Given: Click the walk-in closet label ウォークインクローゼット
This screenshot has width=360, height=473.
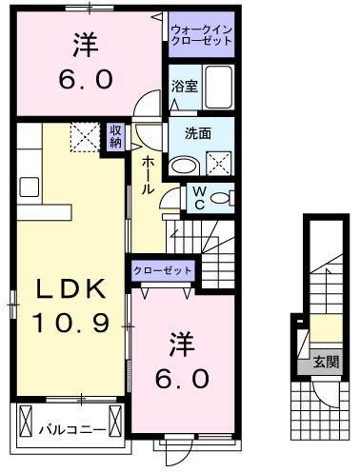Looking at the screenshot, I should [201, 35].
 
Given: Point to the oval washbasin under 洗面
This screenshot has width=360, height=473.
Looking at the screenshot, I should [182, 164].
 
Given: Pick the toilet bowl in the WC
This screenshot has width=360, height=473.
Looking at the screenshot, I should [220, 198].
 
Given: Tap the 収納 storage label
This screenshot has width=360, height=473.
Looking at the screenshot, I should [115, 136].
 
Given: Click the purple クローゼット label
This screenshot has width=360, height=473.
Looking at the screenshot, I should [163, 271].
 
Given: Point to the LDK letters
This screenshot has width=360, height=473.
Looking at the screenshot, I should [63, 287].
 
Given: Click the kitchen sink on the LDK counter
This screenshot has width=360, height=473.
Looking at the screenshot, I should [26, 187].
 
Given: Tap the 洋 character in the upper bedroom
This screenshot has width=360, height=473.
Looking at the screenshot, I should [89, 44].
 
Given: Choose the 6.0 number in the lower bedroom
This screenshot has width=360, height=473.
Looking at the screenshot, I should [183, 377].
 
